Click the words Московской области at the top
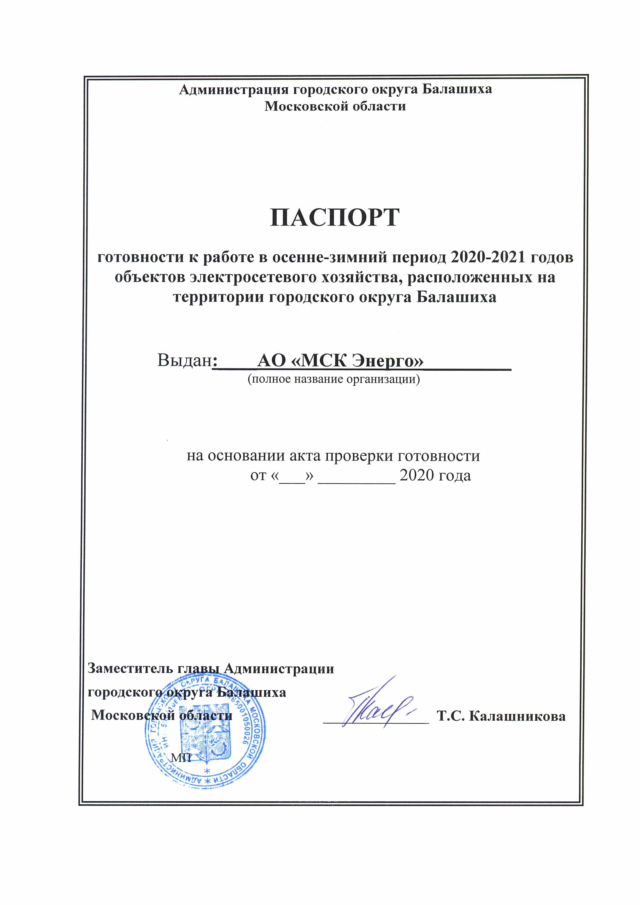tap(335, 106)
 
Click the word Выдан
tap(184, 360)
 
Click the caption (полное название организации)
tap(333, 380)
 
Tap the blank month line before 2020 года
tap(356, 477)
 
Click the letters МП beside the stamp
tap(181, 757)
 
